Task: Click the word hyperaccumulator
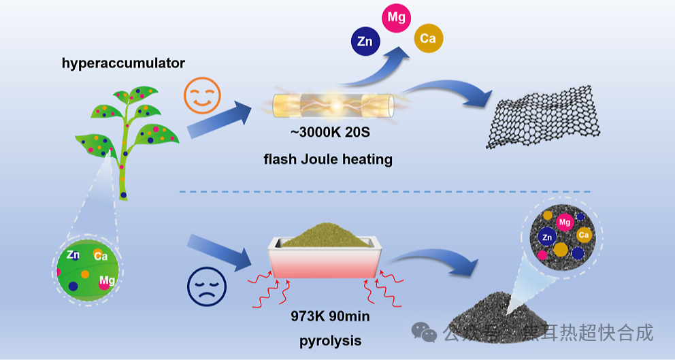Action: click(x=123, y=63)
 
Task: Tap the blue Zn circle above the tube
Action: click(x=365, y=42)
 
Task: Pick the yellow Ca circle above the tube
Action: click(x=428, y=39)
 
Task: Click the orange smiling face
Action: click(x=202, y=95)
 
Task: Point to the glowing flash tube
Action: click(x=333, y=105)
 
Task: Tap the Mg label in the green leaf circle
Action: click(x=107, y=280)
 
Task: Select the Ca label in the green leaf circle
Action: click(x=101, y=256)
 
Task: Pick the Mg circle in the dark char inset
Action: click(x=564, y=222)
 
